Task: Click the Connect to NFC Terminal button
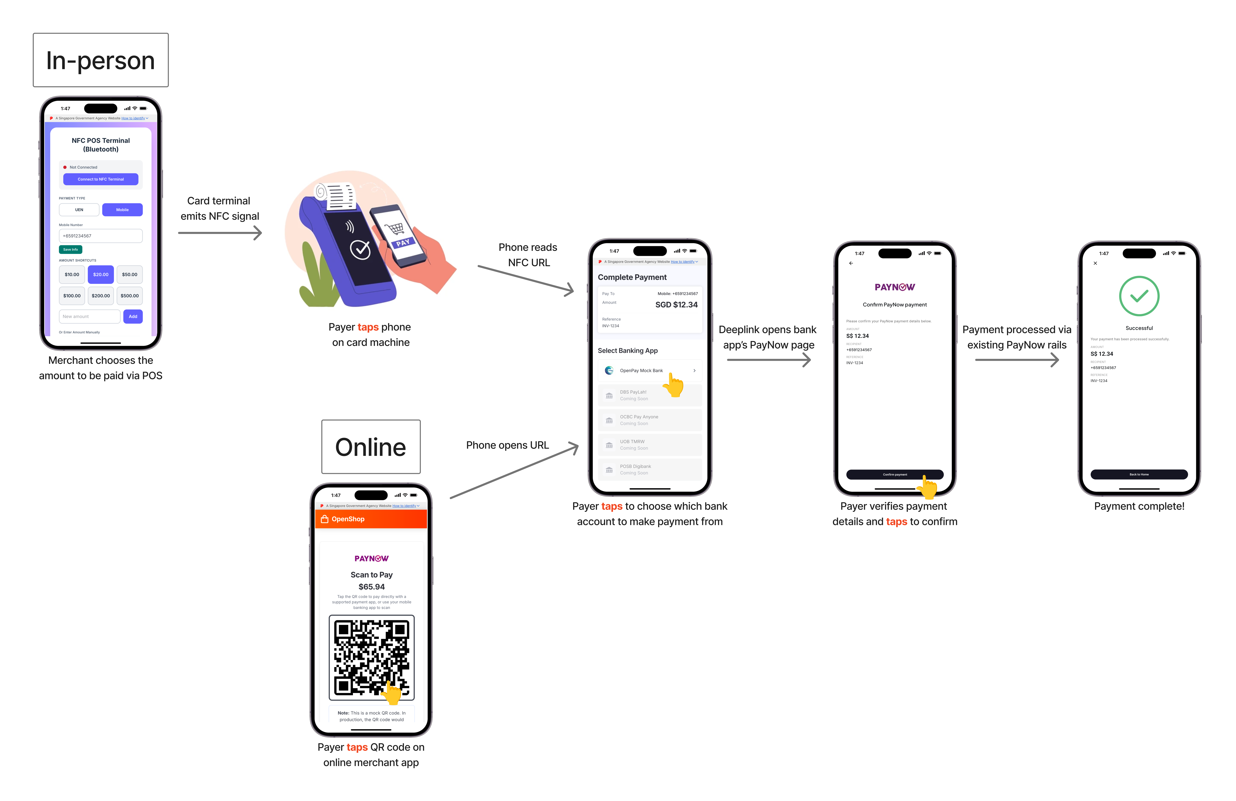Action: (x=101, y=179)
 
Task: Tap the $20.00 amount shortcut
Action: (x=101, y=274)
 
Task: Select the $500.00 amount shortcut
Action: (x=130, y=296)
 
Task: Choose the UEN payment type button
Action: (x=79, y=210)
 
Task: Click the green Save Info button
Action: (x=71, y=249)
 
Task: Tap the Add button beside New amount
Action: (x=133, y=316)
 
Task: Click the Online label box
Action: (x=371, y=447)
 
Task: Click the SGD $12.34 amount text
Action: (x=676, y=305)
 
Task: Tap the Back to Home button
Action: (x=1139, y=474)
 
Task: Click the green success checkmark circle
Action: (x=1139, y=296)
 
